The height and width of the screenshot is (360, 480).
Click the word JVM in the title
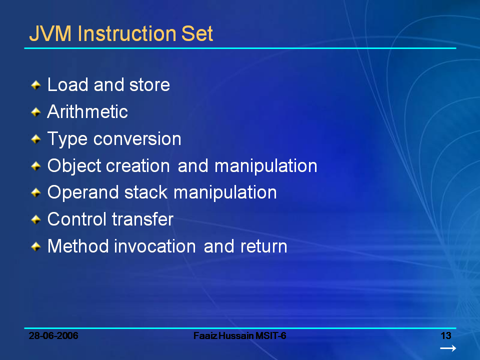[50, 33]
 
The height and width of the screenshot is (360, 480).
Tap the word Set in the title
[197, 33]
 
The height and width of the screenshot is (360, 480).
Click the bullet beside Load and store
[36, 85]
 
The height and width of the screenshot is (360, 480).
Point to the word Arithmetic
[87, 111]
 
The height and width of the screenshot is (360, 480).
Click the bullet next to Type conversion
[36, 139]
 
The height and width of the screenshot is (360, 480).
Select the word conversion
[137, 139]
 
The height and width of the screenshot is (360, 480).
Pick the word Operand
[83, 193]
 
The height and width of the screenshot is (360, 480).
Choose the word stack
[146, 192]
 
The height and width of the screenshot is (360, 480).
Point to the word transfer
[142, 219]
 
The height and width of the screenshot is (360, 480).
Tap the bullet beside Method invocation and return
[36, 246]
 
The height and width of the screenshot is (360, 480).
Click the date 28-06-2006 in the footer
[53, 336]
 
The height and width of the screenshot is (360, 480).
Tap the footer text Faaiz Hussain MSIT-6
[239, 336]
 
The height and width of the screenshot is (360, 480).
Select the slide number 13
[446, 336]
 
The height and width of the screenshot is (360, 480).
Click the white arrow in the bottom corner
[448, 348]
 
